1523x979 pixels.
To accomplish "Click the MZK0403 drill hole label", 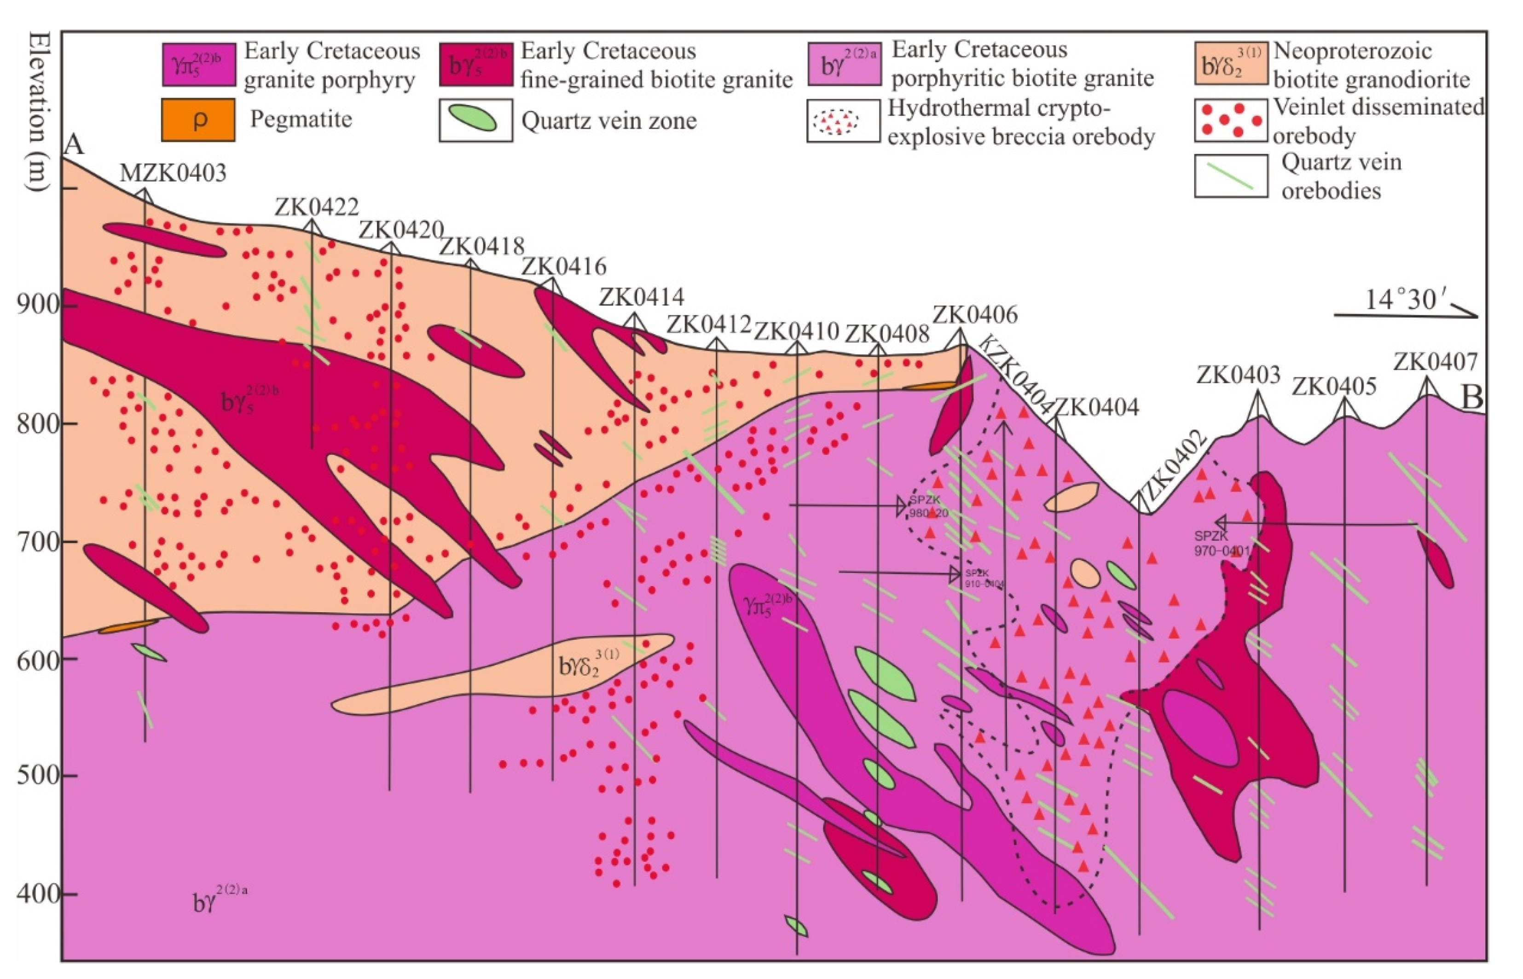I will point(173,173).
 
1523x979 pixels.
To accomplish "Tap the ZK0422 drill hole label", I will point(317,207).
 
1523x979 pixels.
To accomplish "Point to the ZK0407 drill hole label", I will point(1435,362).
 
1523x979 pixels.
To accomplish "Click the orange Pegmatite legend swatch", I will point(198,120).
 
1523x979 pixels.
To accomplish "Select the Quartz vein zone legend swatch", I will point(475,120).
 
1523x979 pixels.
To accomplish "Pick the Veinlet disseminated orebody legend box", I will point(1231,120).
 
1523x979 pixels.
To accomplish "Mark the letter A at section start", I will point(75,145).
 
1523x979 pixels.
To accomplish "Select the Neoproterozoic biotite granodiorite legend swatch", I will point(1231,64).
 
